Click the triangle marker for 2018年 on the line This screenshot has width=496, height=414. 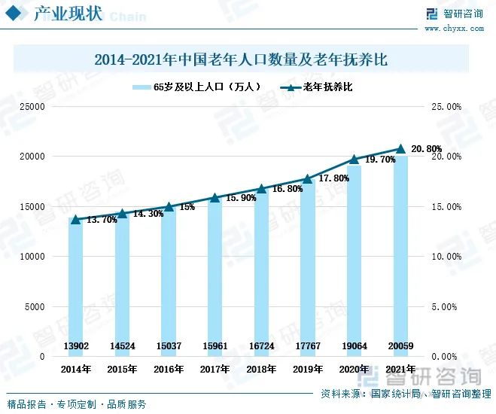(261, 189)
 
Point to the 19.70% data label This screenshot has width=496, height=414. (380, 160)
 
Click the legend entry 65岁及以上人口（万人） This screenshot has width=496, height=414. (197, 87)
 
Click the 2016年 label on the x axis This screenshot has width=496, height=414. (169, 370)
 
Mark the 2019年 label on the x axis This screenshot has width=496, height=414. (307, 370)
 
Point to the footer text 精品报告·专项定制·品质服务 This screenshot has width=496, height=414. (75, 404)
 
